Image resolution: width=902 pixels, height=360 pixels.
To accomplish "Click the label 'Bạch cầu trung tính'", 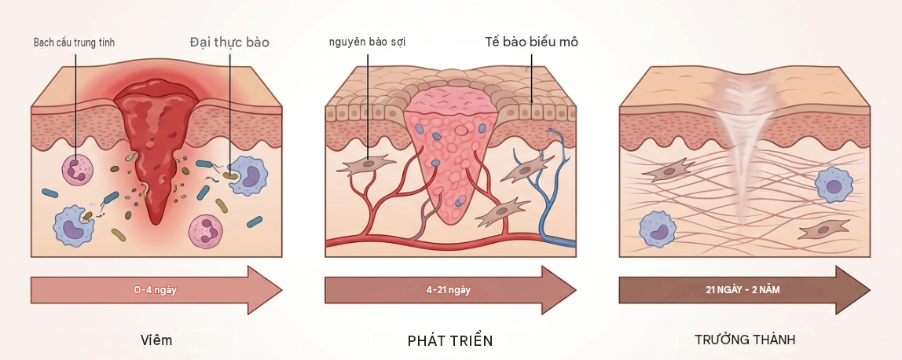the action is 74,42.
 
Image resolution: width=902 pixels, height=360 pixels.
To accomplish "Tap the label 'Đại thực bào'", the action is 229,42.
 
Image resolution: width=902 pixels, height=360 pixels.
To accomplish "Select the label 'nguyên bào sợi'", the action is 368,42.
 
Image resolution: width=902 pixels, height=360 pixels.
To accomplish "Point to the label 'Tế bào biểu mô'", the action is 531,42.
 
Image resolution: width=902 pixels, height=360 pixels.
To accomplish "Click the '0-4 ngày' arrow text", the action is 156,290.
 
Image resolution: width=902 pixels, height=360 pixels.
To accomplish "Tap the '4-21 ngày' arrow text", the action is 449,290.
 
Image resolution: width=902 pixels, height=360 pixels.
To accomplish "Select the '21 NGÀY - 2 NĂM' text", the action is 742,290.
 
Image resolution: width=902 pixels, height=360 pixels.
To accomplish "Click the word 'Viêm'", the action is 156,340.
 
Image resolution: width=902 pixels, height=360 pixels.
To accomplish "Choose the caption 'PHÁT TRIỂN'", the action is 450,340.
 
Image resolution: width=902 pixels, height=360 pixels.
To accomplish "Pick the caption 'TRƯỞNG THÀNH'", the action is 745,340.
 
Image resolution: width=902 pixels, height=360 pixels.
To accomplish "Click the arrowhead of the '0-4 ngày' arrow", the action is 265,290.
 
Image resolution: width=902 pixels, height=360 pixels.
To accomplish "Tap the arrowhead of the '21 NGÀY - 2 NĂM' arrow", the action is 853,290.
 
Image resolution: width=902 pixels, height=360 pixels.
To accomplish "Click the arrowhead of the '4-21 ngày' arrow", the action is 559,290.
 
